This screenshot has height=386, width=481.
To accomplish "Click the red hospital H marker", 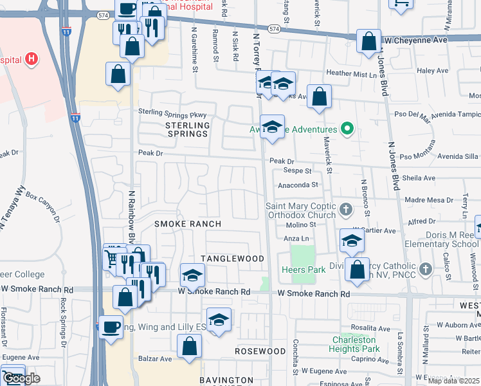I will [x=31, y=60].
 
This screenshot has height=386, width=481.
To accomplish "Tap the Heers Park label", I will [x=304, y=270].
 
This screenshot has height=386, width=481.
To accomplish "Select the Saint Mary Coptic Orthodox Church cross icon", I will [x=346, y=208].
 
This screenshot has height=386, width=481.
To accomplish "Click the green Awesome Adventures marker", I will [x=348, y=129].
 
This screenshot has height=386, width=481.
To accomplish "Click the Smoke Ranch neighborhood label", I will [x=188, y=224].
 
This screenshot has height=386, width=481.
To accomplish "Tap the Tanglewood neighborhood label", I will [x=233, y=258].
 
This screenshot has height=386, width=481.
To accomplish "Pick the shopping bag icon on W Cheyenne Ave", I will [x=369, y=42].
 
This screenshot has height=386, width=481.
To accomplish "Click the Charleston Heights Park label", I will [x=354, y=344].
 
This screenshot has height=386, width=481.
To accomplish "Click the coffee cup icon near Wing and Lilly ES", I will [x=111, y=327].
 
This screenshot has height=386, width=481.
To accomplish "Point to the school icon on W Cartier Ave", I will [x=352, y=241].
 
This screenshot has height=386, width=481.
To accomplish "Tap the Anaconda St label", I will [x=298, y=185].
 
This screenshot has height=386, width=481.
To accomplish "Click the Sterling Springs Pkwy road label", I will [x=172, y=113].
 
